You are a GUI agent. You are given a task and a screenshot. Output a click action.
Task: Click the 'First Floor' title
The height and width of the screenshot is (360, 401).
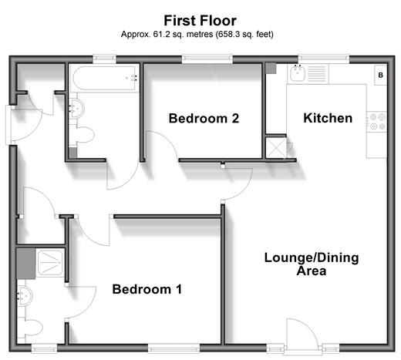pos(200,21)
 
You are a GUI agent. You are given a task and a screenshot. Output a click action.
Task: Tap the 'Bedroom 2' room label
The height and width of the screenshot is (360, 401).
pos(204,119)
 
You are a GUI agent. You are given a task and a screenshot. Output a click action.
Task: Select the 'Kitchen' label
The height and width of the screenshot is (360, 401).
pos(328,118)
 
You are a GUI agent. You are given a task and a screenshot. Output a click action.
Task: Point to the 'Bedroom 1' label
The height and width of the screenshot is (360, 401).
pos(147,289)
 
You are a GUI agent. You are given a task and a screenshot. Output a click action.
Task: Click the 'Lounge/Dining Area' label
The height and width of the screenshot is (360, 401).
pos(312,264)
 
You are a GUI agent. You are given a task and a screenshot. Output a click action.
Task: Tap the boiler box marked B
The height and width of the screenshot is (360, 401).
pos(381,75)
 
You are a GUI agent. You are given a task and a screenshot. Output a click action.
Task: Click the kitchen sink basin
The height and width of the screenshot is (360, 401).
pos(298,73)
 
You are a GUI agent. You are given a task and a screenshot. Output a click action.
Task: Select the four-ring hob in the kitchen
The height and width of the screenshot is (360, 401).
pos(376,122)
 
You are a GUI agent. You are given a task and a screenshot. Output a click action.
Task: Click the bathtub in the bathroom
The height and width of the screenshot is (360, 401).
pos(104,78)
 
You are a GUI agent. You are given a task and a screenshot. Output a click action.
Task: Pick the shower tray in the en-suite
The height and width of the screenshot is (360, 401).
pos(50,262)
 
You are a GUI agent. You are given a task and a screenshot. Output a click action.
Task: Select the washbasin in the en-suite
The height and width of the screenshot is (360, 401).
pos(25,296)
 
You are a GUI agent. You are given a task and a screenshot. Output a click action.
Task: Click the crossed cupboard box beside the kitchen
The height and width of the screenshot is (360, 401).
pos(276,148)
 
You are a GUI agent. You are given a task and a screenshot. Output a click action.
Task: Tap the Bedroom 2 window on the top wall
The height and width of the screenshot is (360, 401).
pos(207,59)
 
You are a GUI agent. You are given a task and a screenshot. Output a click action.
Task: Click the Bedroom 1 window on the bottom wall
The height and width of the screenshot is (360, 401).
pos(174,348)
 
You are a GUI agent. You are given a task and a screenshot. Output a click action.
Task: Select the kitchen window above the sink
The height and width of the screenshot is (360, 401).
pos(324,59)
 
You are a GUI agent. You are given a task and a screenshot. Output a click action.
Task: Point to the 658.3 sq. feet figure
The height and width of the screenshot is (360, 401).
pos(244,34)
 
